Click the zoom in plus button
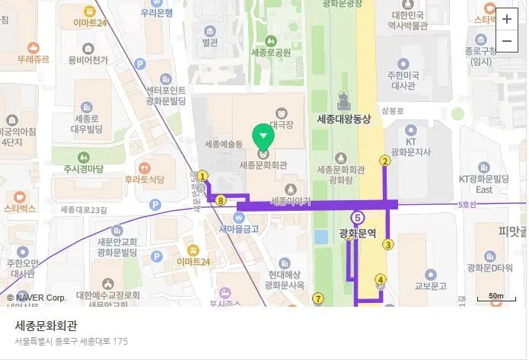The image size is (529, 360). [507, 20]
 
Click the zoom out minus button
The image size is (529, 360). [507, 41]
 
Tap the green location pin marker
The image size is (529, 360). [263, 136]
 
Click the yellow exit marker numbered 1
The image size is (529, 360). [202, 175]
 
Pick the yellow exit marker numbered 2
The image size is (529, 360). [385, 161]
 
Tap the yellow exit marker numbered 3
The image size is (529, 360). [387, 244]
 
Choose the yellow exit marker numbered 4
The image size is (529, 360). [381, 279]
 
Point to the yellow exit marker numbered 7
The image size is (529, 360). [318, 298]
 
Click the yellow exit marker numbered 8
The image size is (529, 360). [221, 201]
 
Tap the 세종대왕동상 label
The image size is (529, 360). [343, 119]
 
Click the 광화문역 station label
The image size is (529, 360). [358, 234]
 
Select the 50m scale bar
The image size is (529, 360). [496, 297]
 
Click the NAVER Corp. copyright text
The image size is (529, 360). [37, 297]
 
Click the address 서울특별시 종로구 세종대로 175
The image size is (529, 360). [72, 342]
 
